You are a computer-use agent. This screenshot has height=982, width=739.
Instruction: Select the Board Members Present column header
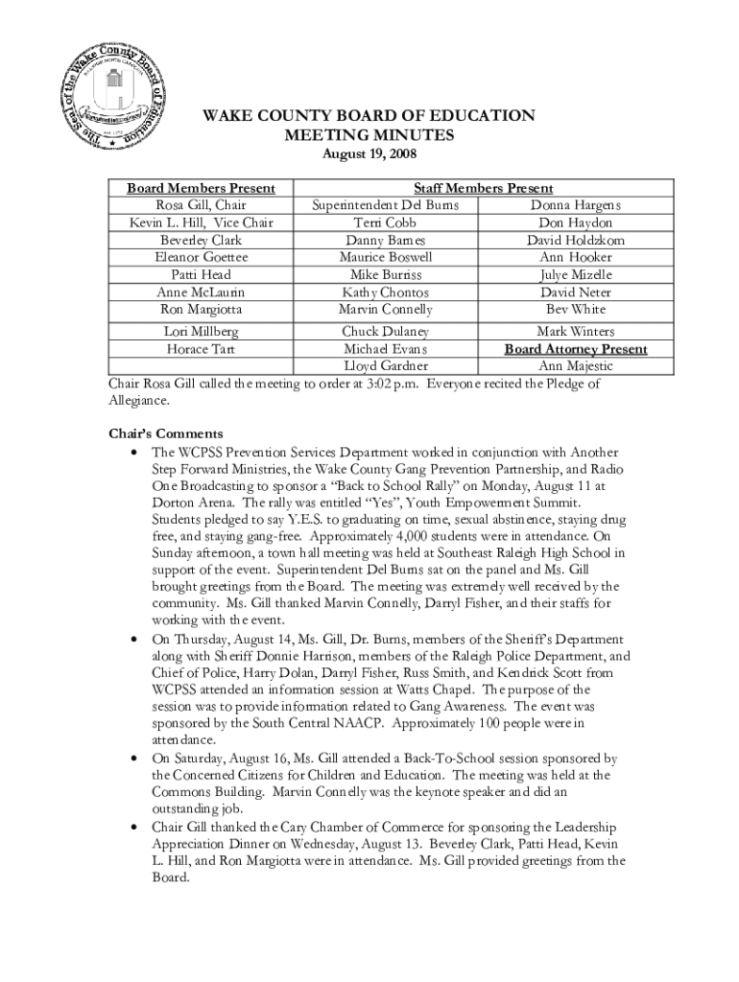pyautogui.click(x=202, y=189)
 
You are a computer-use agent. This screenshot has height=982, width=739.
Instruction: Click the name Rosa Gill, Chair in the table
pyautogui.click(x=202, y=205)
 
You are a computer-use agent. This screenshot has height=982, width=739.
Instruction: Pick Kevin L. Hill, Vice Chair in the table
pyautogui.click(x=202, y=222)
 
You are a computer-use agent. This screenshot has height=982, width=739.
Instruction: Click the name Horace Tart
pyautogui.click(x=202, y=349)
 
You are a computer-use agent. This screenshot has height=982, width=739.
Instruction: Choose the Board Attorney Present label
pyautogui.click(x=576, y=349)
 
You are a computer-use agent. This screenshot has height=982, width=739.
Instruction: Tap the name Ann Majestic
pyautogui.click(x=576, y=366)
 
